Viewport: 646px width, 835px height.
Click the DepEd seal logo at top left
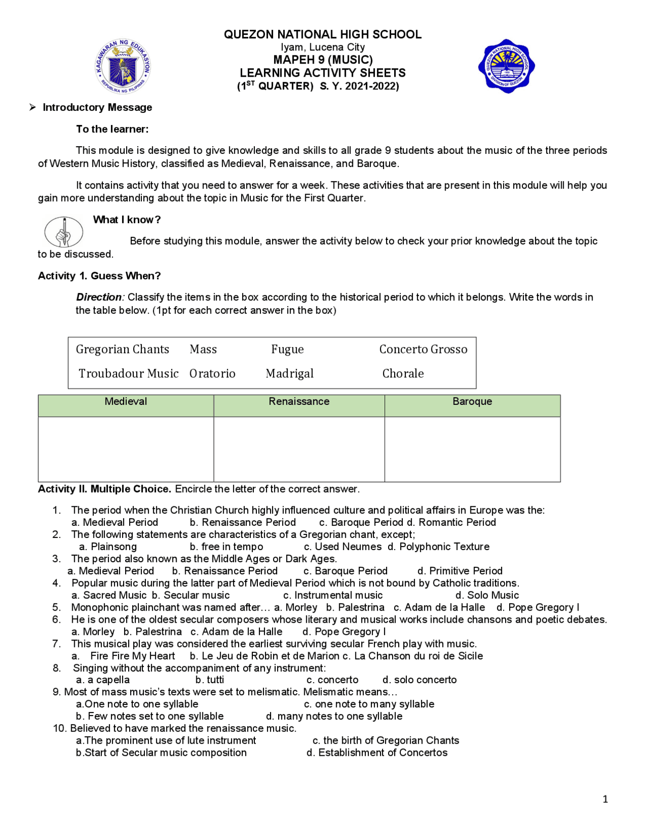click(x=123, y=67)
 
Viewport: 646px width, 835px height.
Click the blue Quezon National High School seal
click(x=506, y=66)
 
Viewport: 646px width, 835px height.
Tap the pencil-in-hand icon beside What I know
click(x=64, y=232)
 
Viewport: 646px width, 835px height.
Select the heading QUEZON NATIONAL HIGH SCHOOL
click(x=322, y=34)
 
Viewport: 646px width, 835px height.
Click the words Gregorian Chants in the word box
click(x=122, y=349)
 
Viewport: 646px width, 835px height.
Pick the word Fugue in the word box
click(x=287, y=349)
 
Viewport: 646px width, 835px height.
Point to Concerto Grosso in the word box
click(x=423, y=349)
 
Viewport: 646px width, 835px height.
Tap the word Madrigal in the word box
click(x=290, y=374)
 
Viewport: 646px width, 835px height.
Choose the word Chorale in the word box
click(x=403, y=374)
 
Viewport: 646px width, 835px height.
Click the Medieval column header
click(x=126, y=402)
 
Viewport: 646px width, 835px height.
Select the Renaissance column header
click(x=299, y=402)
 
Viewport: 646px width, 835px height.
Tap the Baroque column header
click(x=472, y=402)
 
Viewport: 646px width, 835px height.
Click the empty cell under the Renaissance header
click(x=299, y=449)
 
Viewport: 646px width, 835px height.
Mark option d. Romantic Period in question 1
click(x=452, y=522)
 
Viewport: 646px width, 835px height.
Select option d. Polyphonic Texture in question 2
click(x=439, y=547)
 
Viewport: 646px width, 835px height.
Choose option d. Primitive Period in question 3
click(x=460, y=571)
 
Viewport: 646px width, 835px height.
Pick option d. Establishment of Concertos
click(x=377, y=752)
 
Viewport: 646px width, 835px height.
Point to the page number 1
click(x=605, y=799)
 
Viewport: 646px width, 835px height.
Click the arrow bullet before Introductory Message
click(x=33, y=107)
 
